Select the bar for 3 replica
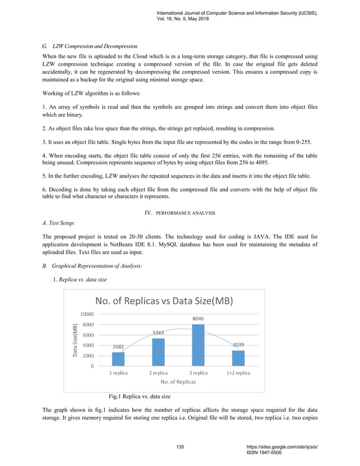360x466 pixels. tap(198, 345)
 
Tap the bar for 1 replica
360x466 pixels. tap(118, 359)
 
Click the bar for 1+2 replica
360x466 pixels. tap(238, 358)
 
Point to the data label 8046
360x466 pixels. tap(198, 319)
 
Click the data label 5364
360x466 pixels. tap(159, 333)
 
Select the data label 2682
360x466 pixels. tap(118, 347)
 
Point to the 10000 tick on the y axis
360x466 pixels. tap(86, 314)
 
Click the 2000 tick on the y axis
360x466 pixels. tap(87, 355)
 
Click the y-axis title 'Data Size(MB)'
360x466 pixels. tap(74, 340)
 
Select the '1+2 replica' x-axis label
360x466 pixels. tap(238, 372)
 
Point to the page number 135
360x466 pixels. tap(180, 447)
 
